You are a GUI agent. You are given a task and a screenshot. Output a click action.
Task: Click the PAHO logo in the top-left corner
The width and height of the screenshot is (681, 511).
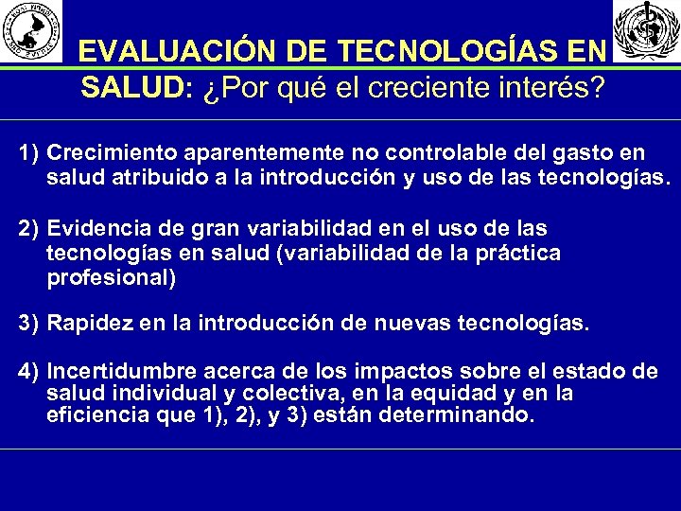tap(33, 30)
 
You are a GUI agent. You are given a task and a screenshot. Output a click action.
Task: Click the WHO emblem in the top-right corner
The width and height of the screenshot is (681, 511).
tap(646, 31)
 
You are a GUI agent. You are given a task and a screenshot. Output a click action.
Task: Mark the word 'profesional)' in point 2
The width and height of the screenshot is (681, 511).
tap(111, 278)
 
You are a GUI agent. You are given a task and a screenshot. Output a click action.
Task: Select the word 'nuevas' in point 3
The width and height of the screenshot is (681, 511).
tap(416, 323)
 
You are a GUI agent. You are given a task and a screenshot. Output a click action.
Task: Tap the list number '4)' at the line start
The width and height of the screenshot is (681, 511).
tap(28, 369)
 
